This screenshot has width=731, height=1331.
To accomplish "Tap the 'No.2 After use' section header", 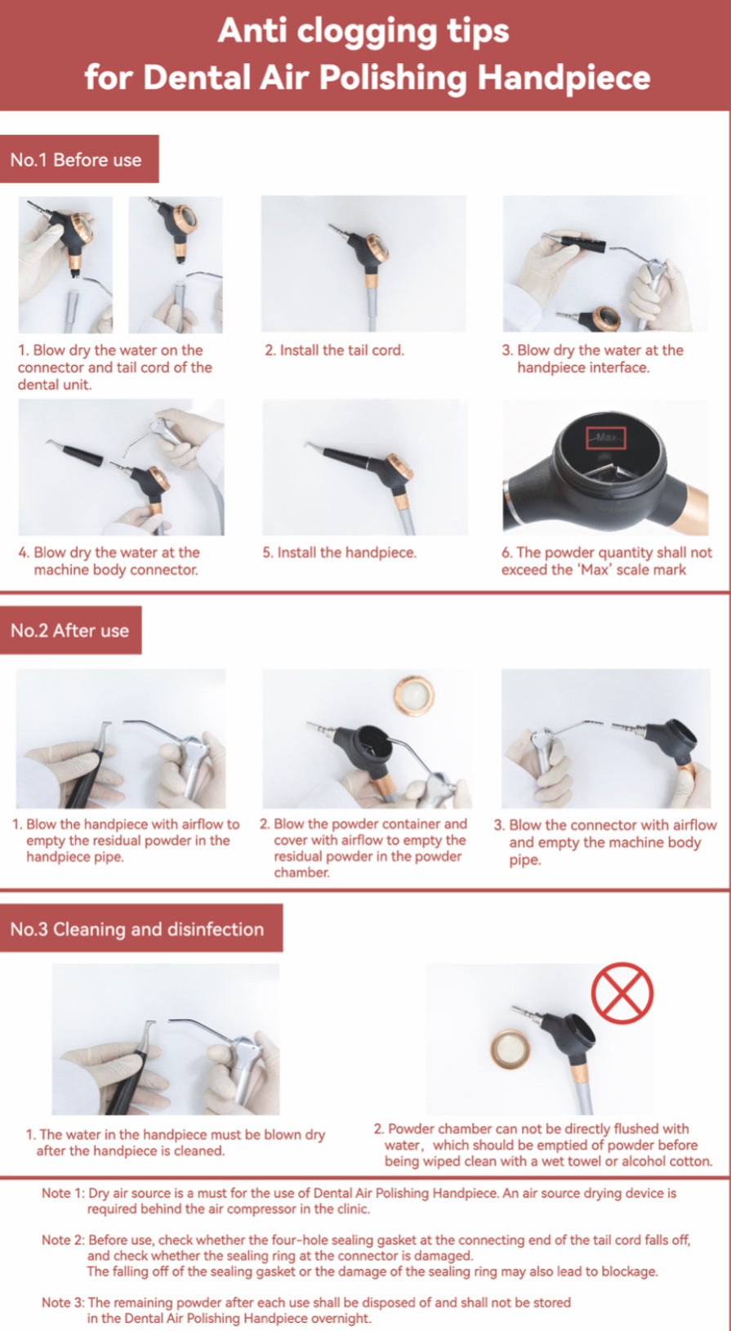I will pos(70,630).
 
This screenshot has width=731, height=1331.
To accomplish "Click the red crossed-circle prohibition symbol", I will pos(622,994).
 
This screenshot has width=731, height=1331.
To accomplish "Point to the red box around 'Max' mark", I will pos(605,437).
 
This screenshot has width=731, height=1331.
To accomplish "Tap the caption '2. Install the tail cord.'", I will pos(334,351).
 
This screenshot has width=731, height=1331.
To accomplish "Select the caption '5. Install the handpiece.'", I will pos(339,553).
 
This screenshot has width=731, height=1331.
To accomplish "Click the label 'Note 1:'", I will pos(63,1193).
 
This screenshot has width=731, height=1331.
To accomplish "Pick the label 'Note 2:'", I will pos(63,1239).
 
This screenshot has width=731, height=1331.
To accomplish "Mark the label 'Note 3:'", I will pos(63,1302).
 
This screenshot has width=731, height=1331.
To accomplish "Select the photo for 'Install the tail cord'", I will pos(363,263).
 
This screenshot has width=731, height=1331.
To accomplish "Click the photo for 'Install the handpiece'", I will pos(364,467).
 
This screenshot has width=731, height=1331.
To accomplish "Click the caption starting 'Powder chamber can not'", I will pos(542,1145).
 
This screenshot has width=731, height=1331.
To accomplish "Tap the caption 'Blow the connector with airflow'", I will pos(605,842).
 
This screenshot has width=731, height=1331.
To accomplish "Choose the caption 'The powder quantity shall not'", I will pos(606,561).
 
